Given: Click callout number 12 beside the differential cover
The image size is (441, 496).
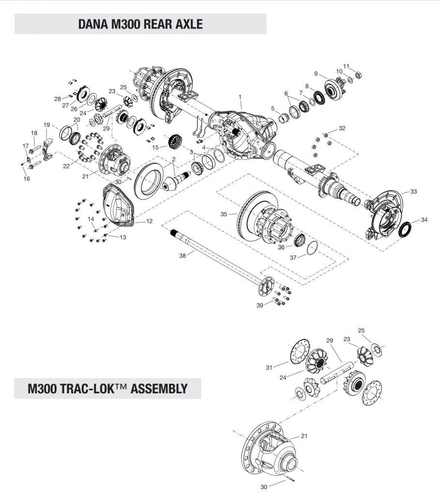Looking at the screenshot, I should click(x=149, y=221).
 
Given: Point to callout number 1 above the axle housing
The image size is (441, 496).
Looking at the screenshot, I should click(x=241, y=97).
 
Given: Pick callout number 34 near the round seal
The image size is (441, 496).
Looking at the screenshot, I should click(x=424, y=220).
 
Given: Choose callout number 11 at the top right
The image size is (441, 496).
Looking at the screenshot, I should click(x=346, y=66).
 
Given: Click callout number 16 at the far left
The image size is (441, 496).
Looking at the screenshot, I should click(x=26, y=179).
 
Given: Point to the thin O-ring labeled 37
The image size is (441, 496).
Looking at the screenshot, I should click(x=313, y=248).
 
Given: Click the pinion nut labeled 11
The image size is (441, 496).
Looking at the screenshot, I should click(x=359, y=75).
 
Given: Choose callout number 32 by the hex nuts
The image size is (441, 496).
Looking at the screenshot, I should click(x=342, y=128).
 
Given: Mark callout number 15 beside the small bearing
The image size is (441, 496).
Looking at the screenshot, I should click(x=155, y=147).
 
